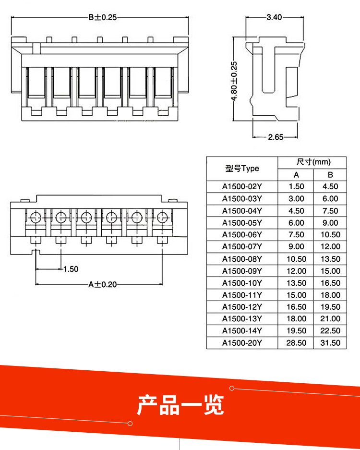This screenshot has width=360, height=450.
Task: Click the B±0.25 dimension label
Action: pyautogui.click(x=102, y=17)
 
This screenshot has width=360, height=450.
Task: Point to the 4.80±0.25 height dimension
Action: pyautogui.click(x=234, y=81)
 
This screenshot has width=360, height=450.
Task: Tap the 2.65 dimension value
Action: pyautogui.click(x=276, y=137)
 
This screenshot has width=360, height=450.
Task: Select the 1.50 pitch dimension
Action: pyautogui.click(x=71, y=269)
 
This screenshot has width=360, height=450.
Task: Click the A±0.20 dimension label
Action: pyautogui.click(x=102, y=284)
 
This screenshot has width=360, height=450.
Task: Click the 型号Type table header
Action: pyautogui.click(x=242, y=169)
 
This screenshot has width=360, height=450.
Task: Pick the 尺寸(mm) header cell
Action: pyautogui.click(x=313, y=162)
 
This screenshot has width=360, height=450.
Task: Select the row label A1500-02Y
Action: pyautogui.click(x=242, y=187)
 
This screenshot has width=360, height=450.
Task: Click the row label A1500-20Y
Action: pyautogui.click(x=242, y=343)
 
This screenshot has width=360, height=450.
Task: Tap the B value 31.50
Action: pyautogui.click(x=330, y=343)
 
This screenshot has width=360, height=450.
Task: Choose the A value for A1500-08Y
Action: pyautogui.click(x=296, y=259)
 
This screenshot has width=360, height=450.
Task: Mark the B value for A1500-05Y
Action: pyautogui.click(x=330, y=223)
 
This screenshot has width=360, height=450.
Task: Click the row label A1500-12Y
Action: pyautogui.click(x=242, y=307)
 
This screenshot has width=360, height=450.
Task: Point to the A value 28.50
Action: pyautogui.click(x=296, y=343)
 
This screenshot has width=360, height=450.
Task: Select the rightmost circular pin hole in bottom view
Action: pyautogui.click(x=161, y=218)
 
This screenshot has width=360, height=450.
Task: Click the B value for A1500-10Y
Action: pyautogui.click(x=330, y=283)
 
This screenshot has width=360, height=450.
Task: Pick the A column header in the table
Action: pyautogui.click(x=296, y=175)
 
